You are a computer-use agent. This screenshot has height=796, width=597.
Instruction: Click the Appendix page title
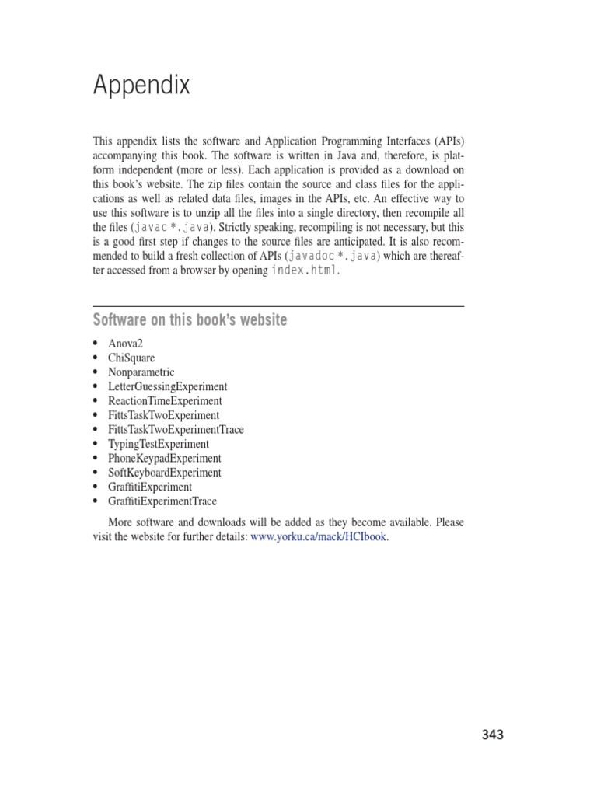(141, 85)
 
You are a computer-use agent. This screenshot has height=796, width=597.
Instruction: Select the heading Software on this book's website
(190, 320)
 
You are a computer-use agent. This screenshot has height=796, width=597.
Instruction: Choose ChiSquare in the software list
(132, 358)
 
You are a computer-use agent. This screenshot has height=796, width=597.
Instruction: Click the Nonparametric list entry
(142, 372)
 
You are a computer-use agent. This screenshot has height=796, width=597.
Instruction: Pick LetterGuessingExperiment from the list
(168, 386)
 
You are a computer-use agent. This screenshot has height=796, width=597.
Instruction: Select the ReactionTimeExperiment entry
(166, 401)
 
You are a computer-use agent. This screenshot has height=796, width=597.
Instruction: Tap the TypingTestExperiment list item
(159, 444)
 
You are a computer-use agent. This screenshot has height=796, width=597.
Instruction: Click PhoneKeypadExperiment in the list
(165, 459)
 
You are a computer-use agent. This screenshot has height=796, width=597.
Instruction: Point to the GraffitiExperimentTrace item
(163, 501)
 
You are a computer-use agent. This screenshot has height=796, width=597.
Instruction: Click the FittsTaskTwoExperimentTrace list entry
(176, 430)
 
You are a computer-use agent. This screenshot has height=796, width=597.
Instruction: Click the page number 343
(492, 735)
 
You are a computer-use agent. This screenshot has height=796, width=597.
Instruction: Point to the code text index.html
(305, 271)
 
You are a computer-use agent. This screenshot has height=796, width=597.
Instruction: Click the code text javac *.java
(169, 227)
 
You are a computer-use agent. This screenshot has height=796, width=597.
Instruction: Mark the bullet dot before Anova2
(96, 344)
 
